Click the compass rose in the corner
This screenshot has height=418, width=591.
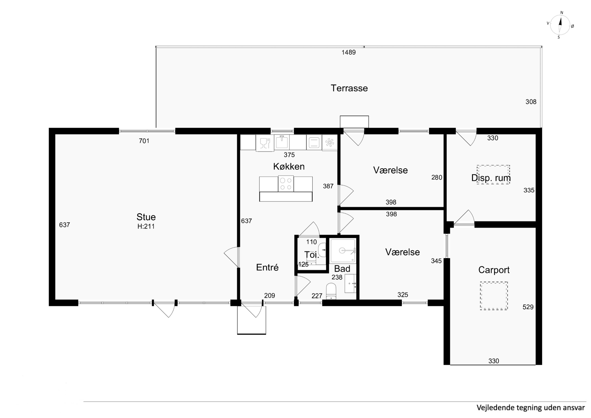tap(560, 25)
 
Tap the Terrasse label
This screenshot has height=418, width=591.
tap(349, 88)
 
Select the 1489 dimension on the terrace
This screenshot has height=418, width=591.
tap(348, 52)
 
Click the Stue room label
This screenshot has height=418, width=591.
tap(146, 217)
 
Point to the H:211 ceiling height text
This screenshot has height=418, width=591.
tap(146, 226)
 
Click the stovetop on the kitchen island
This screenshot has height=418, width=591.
tap(286, 184)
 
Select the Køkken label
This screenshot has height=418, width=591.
tap(289, 167)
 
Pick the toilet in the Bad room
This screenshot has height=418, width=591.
tap(331, 291)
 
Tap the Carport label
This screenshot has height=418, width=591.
tap(494, 270)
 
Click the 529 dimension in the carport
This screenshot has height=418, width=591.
tap(528, 307)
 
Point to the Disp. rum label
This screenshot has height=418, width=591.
tap(491, 178)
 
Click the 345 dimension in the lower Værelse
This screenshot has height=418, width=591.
tap(436, 261)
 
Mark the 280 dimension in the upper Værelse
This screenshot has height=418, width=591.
tap(437, 177)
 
